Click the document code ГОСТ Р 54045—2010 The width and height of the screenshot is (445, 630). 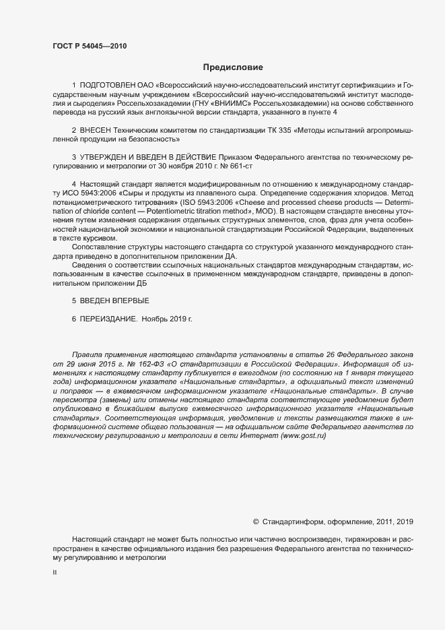coord(89,46)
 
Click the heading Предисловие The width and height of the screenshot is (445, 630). coord(234,67)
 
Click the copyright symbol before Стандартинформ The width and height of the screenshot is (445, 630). coord(256,522)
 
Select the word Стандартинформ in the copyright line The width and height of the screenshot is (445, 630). coord(291,522)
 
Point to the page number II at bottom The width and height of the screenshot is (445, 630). coord(55,573)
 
